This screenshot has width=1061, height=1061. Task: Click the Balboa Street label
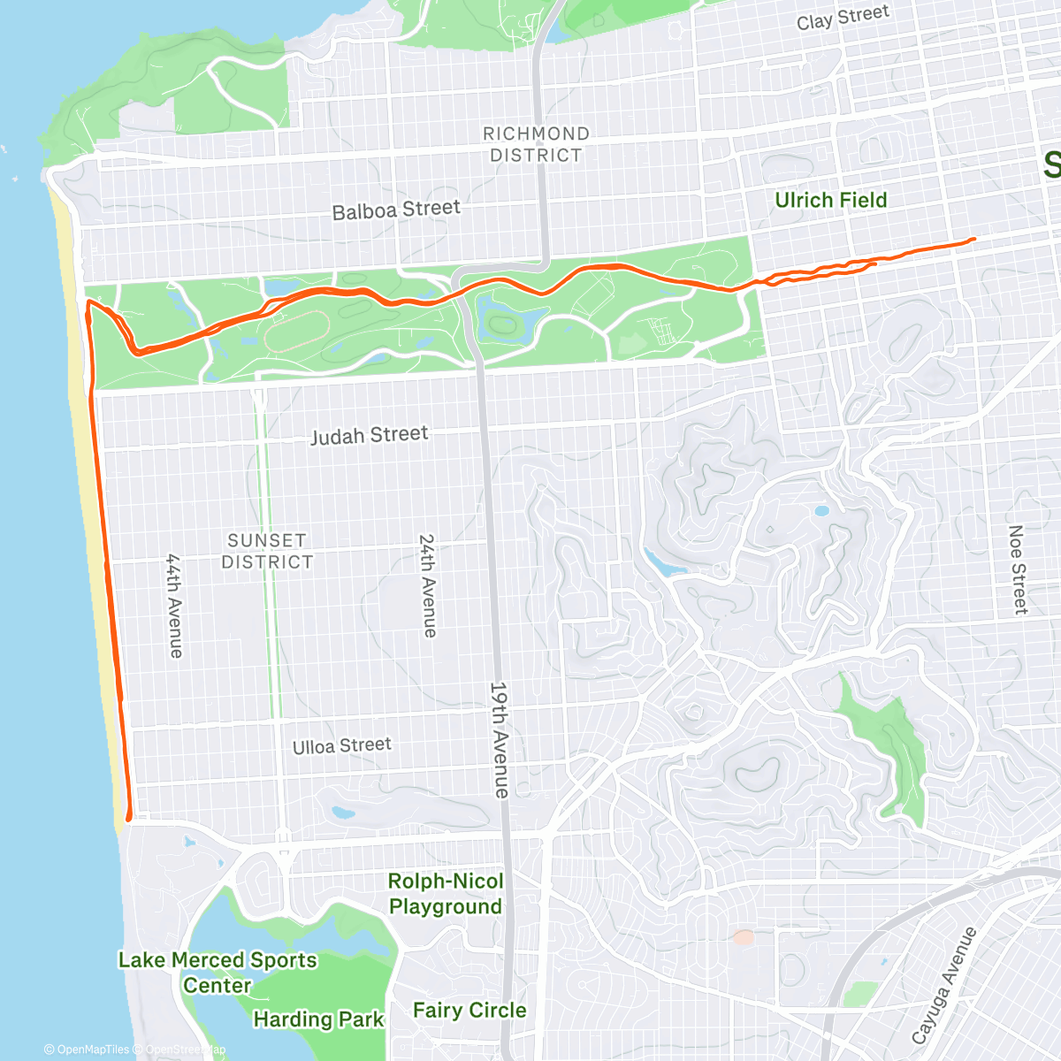[396, 210]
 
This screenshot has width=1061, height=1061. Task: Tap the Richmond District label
[536, 144]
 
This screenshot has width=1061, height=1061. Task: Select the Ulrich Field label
[830, 201]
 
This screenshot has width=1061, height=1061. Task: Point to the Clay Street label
[843, 18]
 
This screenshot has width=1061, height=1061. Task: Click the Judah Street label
[369, 435]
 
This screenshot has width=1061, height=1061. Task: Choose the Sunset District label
[267, 551]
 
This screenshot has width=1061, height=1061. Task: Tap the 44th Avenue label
[175, 606]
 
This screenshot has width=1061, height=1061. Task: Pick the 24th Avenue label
[428, 585]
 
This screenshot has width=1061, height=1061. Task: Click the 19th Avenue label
[500, 739]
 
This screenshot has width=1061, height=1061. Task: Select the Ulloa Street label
[341, 746]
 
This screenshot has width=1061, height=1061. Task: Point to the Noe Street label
[1018, 570]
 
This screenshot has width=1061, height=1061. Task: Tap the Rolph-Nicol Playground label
[446, 894]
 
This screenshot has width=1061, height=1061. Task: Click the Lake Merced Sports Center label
[218, 973]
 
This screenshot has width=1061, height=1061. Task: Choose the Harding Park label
[318, 1019]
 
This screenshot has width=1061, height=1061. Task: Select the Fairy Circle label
[469, 1010]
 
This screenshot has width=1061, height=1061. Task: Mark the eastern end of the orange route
[973, 239]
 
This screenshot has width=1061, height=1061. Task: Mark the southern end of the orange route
[129, 819]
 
